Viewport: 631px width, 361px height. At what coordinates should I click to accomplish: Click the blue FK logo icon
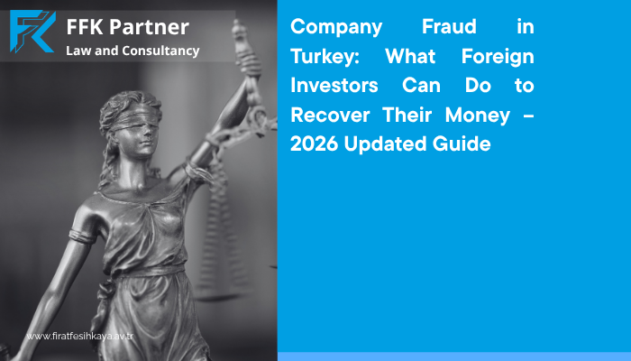point(32,32)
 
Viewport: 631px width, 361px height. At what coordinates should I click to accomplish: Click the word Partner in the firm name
point(149,28)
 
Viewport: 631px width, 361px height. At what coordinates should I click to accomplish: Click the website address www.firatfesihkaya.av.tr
point(79,336)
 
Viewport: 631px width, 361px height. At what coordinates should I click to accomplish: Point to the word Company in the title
point(336,28)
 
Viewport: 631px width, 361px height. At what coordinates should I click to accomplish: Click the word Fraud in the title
point(449,26)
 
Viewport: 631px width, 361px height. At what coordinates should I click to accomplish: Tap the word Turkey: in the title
point(325,57)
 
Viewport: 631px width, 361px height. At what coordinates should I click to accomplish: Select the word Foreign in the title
point(498,57)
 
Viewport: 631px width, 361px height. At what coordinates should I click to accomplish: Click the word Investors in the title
point(334,86)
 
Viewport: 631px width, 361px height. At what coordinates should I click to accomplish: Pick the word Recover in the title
point(330,115)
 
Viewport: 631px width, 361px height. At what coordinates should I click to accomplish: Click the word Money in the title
point(478,116)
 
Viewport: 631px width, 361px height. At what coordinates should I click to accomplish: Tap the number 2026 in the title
point(315,144)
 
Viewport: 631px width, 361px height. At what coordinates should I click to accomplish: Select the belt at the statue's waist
point(151,271)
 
